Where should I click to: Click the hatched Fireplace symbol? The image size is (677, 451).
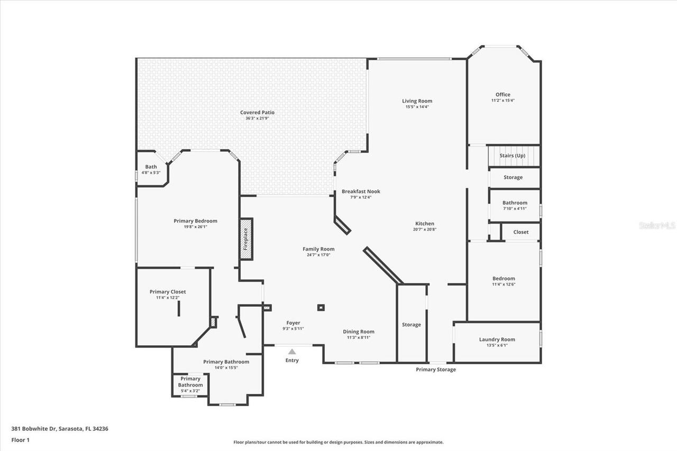(246, 239)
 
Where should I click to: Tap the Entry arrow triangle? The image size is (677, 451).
(292, 351)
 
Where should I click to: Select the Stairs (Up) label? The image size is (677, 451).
(513, 156)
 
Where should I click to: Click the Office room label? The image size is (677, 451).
(503, 95)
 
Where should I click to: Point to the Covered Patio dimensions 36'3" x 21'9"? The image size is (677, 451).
(258, 118)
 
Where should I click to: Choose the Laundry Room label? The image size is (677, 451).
(497, 339)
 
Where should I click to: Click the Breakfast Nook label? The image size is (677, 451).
(361, 191)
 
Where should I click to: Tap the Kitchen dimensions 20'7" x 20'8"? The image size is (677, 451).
(424, 229)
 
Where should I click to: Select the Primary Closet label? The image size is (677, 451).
(168, 292)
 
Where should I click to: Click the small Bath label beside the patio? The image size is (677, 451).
(151, 167)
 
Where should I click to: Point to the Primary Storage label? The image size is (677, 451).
(435, 370)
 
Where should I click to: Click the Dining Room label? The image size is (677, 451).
(359, 332)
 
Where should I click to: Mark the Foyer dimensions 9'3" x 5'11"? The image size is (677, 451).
(293, 329)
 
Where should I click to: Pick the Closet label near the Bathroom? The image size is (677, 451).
(520, 232)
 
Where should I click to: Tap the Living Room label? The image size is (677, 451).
(417, 101)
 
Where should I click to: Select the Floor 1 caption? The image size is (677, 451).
(20, 439)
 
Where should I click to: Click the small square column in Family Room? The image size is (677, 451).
(321, 307)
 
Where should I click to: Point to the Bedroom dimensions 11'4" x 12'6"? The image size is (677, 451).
(504, 284)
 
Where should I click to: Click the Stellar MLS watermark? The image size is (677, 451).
(657, 225)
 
